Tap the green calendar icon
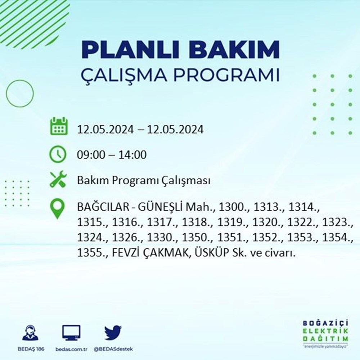58,126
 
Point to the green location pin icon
58,208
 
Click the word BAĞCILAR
101,208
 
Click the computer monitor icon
71,333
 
